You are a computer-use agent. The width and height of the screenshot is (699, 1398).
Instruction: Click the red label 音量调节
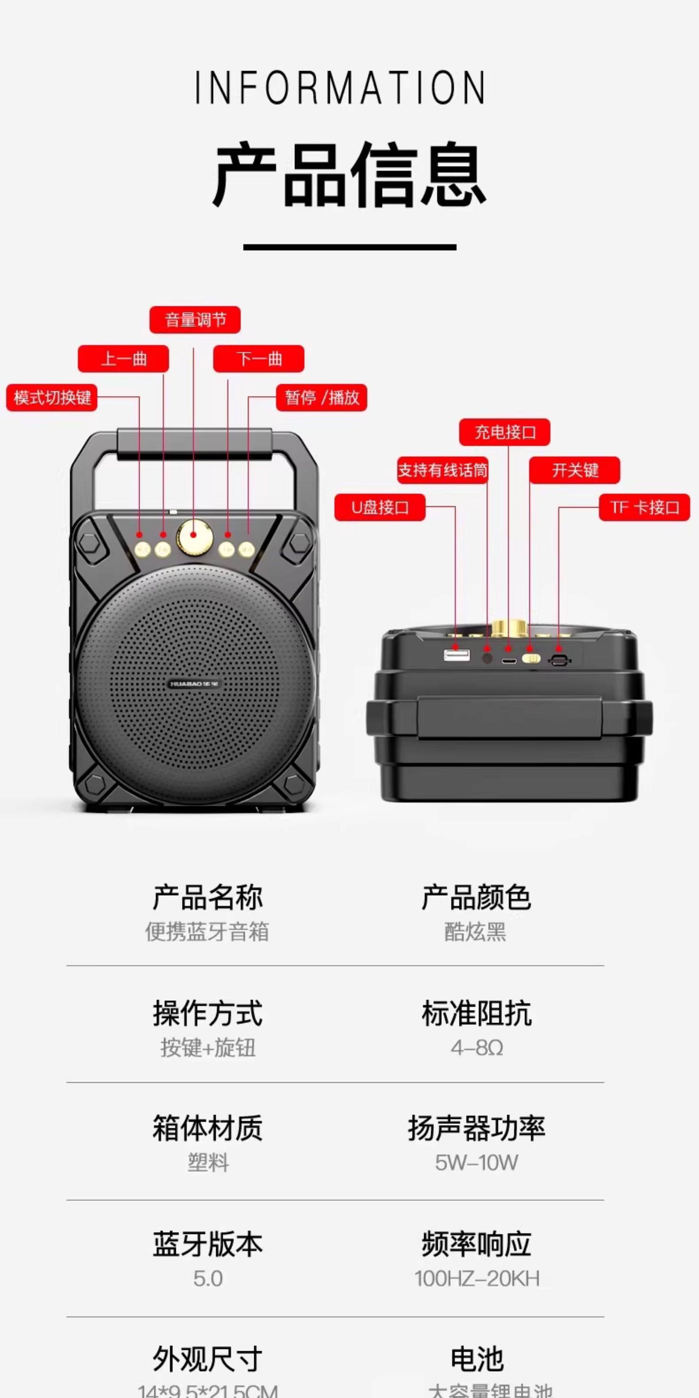pyautogui.click(x=195, y=320)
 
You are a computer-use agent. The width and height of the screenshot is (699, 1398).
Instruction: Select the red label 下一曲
pyautogui.click(x=258, y=359)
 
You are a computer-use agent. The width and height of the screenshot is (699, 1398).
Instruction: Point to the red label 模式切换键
pyautogui.click(x=52, y=398)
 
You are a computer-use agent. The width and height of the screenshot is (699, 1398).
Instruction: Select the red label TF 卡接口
pyautogui.click(x=644, y=507)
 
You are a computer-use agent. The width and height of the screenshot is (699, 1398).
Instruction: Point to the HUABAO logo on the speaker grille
pyautogui.click(x=193, y=684)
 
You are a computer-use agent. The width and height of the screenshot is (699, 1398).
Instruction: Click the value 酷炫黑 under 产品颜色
pyautogui.click(x=475, y=932)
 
